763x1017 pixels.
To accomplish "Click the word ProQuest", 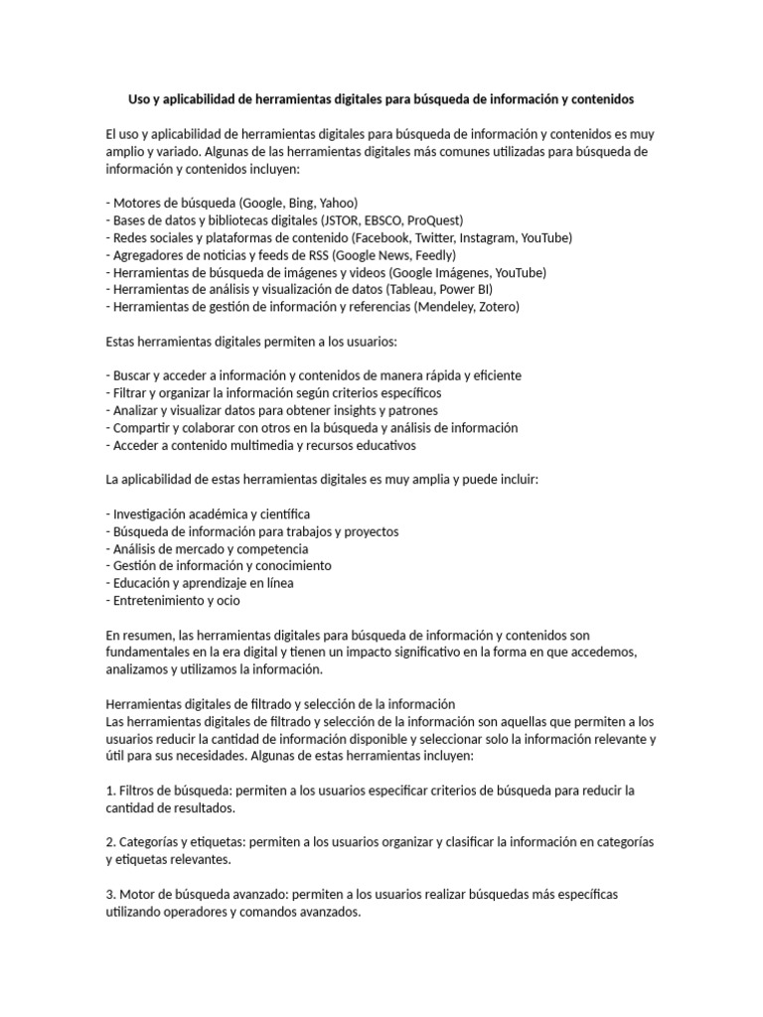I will point(432,219).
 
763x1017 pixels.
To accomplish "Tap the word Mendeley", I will point(450,307).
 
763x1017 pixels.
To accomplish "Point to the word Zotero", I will point(499,307).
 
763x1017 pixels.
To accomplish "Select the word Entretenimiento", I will point(158,600).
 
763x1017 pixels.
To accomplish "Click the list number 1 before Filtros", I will point(108,790).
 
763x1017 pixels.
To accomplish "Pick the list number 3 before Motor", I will point(108,894).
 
